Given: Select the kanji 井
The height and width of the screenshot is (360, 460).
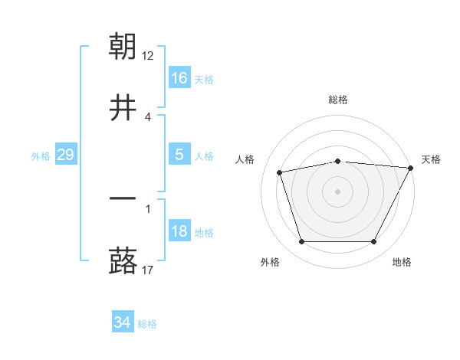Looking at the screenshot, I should point(123,108).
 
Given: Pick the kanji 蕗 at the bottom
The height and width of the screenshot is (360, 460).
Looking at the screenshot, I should point(123,261).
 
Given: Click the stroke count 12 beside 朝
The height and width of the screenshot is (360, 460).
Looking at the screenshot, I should point(148,55).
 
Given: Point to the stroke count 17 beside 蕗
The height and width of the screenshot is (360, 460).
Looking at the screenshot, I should point(148,270).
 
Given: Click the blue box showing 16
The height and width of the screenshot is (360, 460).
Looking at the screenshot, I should point(179,78).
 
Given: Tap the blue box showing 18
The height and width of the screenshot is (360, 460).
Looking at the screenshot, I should point(179,232).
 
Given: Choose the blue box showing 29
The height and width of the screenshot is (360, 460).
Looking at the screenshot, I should point(65,155).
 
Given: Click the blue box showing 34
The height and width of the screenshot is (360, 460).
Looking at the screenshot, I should point(122,323).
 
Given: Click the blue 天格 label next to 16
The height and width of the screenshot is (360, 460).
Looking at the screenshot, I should point(204,79).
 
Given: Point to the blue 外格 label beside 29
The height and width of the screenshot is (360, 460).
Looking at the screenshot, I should point(41,156).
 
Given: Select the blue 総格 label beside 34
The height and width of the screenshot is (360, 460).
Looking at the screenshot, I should point(147,324).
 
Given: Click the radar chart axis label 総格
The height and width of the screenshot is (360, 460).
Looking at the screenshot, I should point(337,100).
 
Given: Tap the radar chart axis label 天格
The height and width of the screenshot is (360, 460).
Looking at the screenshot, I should point(431,159).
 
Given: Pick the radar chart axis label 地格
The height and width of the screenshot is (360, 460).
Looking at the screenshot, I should point(402,263).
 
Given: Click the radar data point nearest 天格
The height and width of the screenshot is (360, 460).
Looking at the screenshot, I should point(411,168).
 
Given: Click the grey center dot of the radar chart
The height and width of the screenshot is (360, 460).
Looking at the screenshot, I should point(337,191).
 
